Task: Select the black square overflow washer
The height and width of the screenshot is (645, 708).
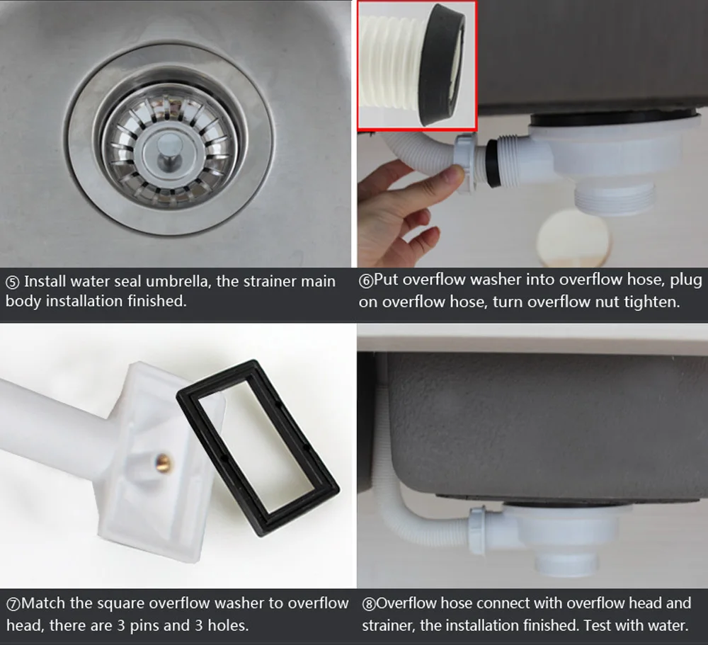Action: coord(258,447)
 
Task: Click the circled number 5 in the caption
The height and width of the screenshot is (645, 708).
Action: coord(12,282)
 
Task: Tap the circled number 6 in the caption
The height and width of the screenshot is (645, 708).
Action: coord(366,281)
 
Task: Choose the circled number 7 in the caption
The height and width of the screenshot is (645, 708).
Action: coord(13,605)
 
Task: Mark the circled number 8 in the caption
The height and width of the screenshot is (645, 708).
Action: coord(369,605)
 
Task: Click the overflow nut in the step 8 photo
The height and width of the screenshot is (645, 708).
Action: coord(477,530)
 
